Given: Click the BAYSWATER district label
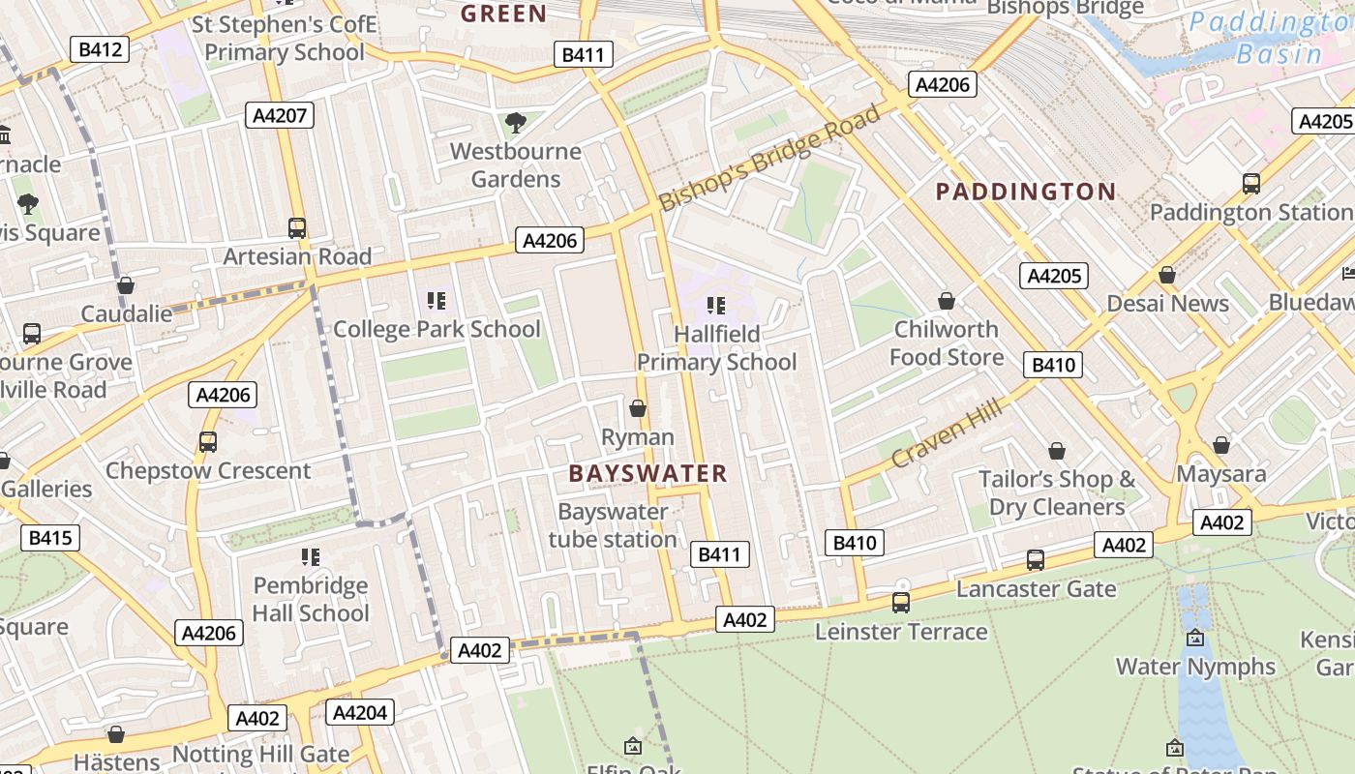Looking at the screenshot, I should click(647, 473).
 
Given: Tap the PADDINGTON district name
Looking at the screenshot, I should click(1026, 192).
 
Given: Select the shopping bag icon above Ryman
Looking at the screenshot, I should click(638, 408).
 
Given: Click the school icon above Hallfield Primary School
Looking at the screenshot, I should click(716, 306).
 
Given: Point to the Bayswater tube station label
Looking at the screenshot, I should click(613, 525).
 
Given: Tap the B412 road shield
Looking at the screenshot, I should click(101, 49).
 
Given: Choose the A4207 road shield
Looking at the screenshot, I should click(280, 116).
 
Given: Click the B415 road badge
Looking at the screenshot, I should click(49, 537).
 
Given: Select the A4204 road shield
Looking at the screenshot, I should click(360, 713).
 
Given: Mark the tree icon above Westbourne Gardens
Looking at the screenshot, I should click(516, 122).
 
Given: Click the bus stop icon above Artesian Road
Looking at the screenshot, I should click(297, 228).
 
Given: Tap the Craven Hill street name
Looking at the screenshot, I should click(947, 434).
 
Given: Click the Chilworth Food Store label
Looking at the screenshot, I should click(947, 343).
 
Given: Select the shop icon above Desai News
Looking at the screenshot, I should click(1167, 275).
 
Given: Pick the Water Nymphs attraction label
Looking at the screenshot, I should click(1195, 667).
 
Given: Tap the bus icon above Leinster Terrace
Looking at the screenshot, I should click(901, 603).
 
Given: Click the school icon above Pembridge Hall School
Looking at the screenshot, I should click(310, 557).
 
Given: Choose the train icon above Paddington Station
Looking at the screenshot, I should click(1250, 183).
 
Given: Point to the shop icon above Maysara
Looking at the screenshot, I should click(1221, 445).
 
